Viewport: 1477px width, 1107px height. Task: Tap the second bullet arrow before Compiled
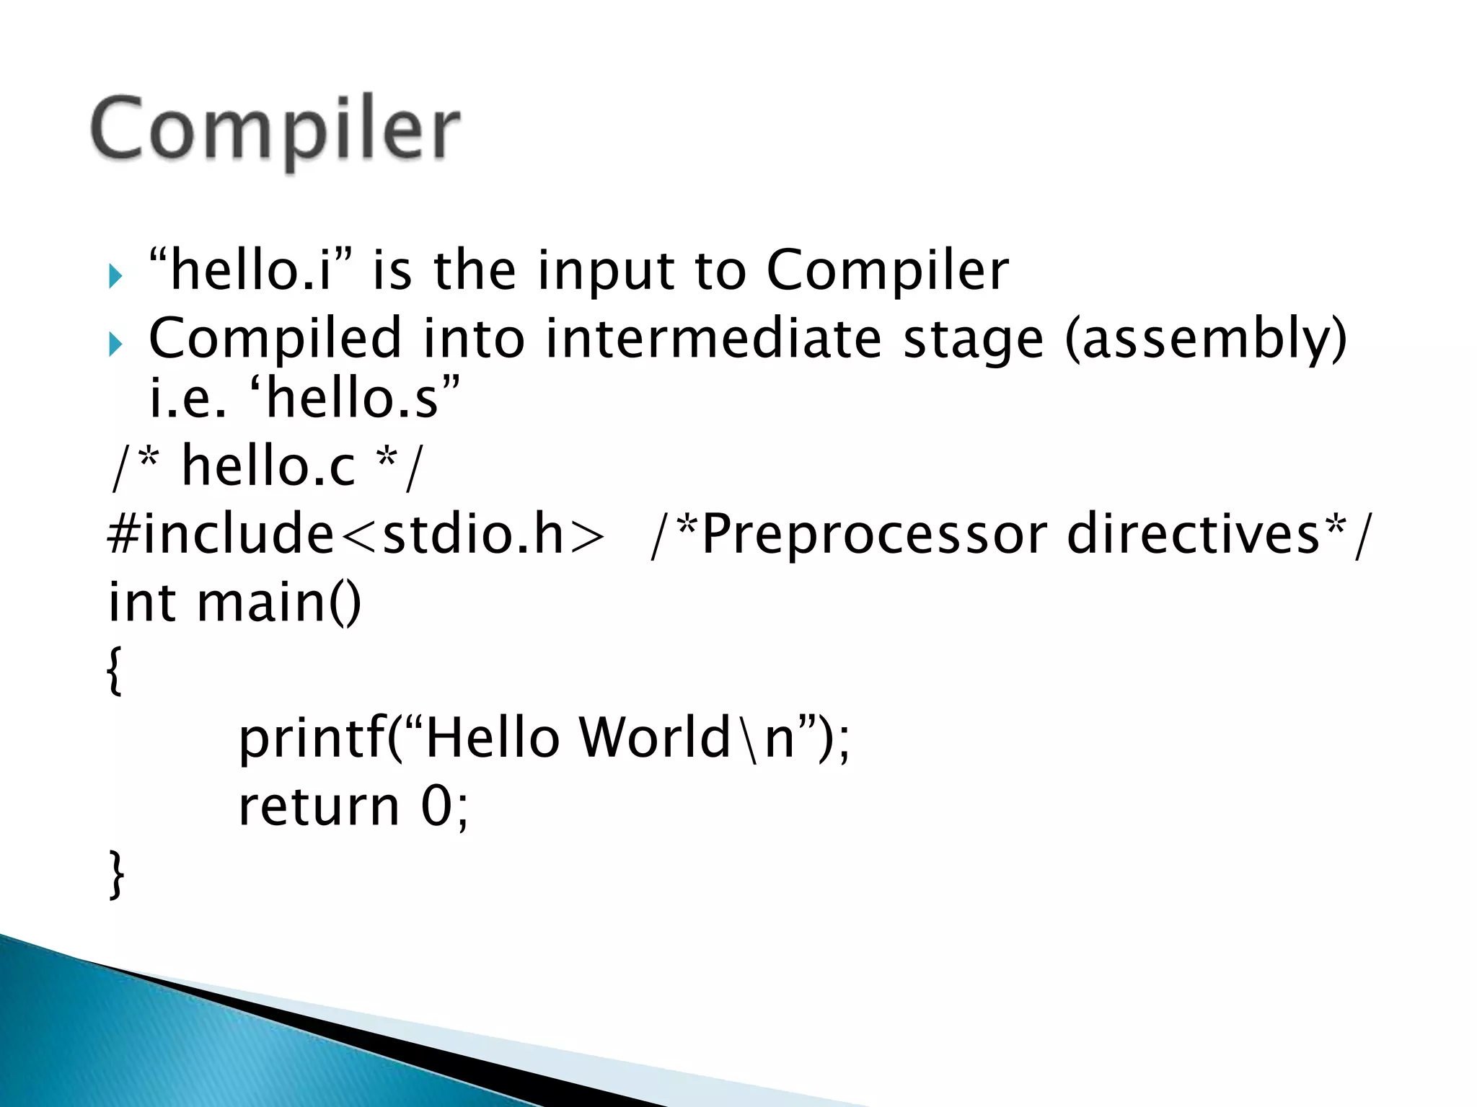(x=115, y=344)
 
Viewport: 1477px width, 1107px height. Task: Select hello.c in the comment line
(x=268, y=466)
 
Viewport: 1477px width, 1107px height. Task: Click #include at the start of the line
(x=221, y=534)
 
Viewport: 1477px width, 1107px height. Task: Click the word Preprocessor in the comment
(x=873, y=535)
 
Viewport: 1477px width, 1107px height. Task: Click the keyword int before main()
(x=141, y=603)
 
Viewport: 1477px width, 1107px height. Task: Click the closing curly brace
(x=116, y=874)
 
